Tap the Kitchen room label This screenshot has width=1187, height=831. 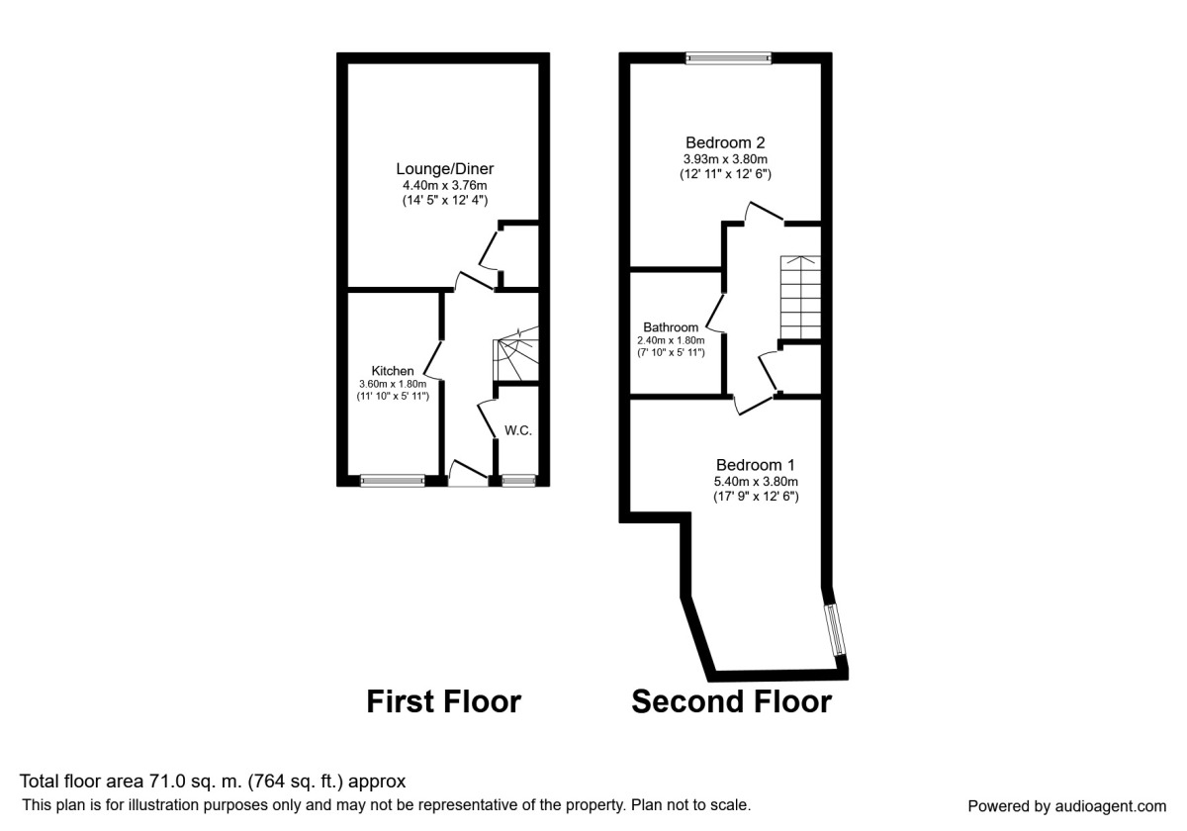393,371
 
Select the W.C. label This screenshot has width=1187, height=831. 519,430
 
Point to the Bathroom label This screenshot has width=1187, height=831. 671,326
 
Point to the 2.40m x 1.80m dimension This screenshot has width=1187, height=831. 671,341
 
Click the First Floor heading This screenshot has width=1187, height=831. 443,701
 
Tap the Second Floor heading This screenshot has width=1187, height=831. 731,701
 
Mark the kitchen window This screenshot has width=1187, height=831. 393,481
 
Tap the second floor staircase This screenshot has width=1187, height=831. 800,296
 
